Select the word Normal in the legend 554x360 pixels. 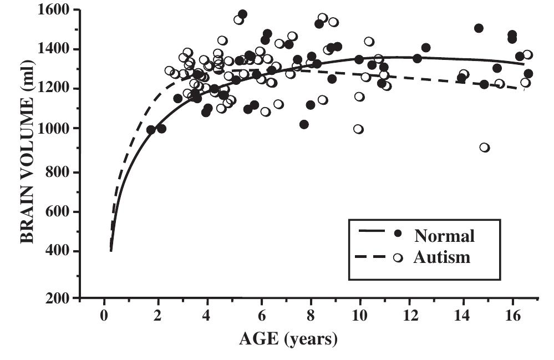pos(444,236)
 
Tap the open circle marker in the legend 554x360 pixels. pos(397,257)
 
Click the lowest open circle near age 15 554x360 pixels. pos(485,148)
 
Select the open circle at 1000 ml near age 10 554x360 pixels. pos(358,129)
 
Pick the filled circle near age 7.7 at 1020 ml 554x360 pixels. pos(304,124)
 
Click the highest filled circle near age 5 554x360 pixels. pos(242,14)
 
